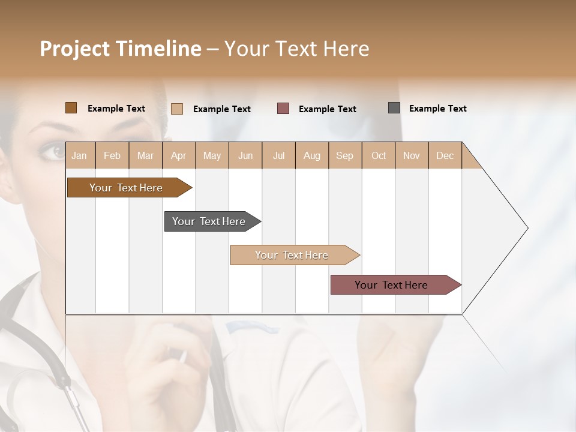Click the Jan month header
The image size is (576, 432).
pyautogui.click(x=80, y=155)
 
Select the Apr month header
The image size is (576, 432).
pyautogui.click(x=179, y=155)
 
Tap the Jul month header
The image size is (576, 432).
pyautogui.click(x=278, y=155)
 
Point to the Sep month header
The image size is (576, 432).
pyautogui.click(x=345, y=155)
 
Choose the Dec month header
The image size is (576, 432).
pyautogui.click(x=445, y=155)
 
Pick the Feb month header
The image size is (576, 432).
pyautogui.click(x=112, y=155)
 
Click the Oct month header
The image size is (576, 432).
pyautogui.click(x=379, y=155)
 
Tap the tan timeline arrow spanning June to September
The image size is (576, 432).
pyautogui.click(x=293, y=255)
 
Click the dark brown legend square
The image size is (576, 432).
pyautogui.click(x=71, y=108)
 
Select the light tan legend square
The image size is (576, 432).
pyautogui.click(x=177, y=109)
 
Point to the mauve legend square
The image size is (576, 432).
pyautogui.click(x=283, y=109)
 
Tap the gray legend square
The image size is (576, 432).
pyautogui.click(x=394, y=108)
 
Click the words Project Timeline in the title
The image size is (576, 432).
pyautogui.click(x=121, y=49)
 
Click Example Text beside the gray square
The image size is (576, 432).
pyautogui.click(x=437, y=109)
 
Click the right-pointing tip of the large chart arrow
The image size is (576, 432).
pyautogui.click(x=526, y=228)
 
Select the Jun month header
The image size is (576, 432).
pyautogui.click(x=245, y=155)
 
